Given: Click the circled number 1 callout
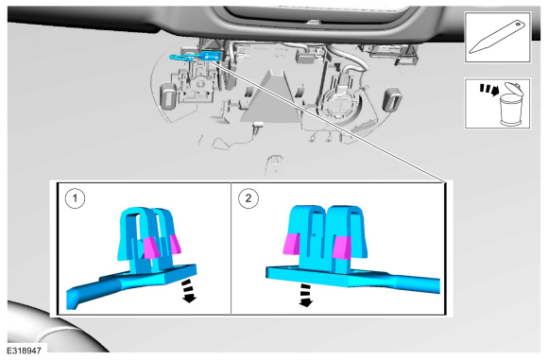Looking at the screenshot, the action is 75,198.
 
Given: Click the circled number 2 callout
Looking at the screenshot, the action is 248,198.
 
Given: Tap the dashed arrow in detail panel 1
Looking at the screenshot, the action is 189,290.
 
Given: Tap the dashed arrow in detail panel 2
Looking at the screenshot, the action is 305,294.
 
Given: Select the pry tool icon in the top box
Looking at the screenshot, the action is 497,38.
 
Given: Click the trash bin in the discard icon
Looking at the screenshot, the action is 510,110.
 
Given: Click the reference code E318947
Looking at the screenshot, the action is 25,351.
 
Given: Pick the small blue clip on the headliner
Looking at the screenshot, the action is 196,57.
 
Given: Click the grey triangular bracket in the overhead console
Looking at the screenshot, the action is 270,99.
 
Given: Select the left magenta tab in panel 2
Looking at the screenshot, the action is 292,243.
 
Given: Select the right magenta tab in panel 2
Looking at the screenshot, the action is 342,248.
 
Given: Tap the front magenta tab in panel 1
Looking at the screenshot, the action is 151,248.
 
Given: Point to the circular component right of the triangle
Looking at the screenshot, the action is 340,104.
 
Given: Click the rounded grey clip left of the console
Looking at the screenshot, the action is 168,94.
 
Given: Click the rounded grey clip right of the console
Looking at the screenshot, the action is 391,100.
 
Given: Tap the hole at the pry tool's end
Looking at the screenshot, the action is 519,25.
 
